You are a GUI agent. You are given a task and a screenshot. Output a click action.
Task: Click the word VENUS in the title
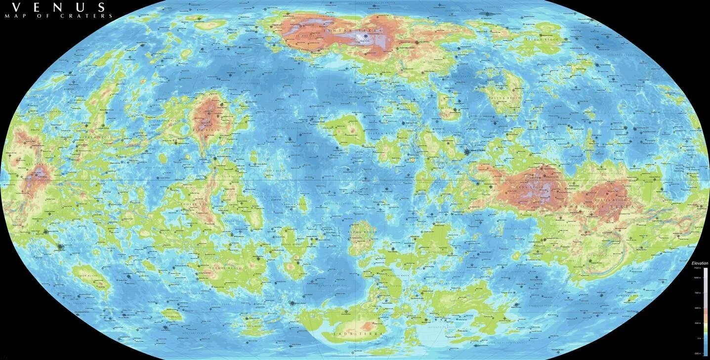[x=58, y=7]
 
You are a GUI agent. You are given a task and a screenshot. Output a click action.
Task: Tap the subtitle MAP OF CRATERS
[x=59, y=16]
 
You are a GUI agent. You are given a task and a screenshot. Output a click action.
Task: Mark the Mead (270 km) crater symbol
[x=467, y=152]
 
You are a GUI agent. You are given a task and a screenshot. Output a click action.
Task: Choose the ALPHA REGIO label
[x=363, y=232]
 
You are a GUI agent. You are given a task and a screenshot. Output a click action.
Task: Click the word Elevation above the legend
[x=700, y=263]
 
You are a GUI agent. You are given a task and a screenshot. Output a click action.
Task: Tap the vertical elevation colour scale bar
[x=706, y=311]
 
